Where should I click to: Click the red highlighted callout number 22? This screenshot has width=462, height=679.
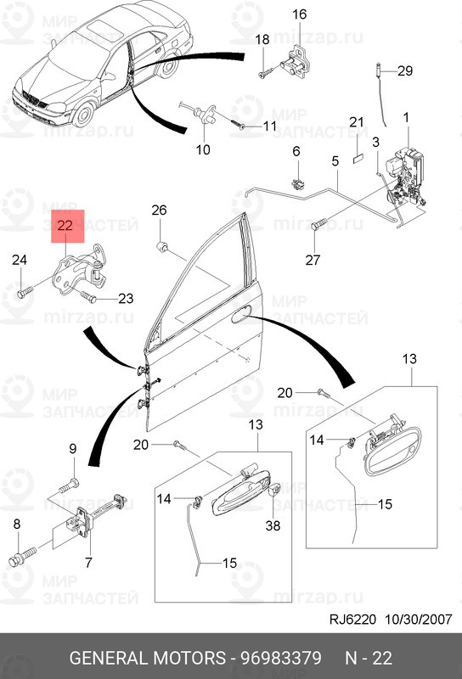65,226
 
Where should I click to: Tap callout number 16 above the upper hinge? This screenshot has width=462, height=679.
299,14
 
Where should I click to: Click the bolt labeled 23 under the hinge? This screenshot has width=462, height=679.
88,297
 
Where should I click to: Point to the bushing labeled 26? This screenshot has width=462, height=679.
162,247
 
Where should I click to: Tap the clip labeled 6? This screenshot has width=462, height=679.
298,184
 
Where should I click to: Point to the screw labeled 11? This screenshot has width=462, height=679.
239,124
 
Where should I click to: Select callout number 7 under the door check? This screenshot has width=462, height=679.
88,563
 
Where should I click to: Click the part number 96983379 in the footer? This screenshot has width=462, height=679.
281,658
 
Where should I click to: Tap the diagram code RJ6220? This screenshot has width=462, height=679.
352,620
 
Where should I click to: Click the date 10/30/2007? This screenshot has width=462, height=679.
419,620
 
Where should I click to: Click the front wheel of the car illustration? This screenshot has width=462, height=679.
83,114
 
